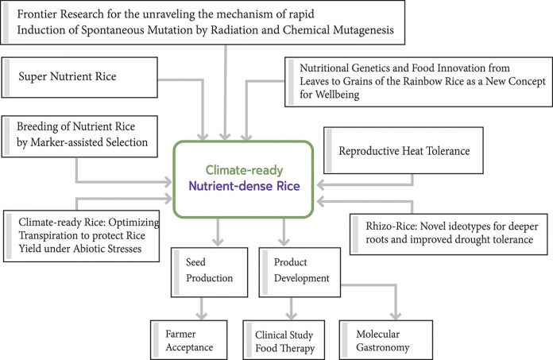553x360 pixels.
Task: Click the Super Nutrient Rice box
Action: coord(79,77)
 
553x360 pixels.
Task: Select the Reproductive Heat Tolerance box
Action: coord(403,150)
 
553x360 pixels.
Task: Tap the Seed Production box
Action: coord(209,273)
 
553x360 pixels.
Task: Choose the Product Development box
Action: coord(300,273)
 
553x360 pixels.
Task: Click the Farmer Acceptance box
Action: coord(188,340)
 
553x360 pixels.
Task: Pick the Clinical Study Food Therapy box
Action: coord(284,340)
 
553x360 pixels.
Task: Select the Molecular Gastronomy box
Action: coord(386,340)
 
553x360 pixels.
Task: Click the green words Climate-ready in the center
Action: coord(244,170)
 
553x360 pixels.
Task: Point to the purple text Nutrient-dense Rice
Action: coord(244,186)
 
